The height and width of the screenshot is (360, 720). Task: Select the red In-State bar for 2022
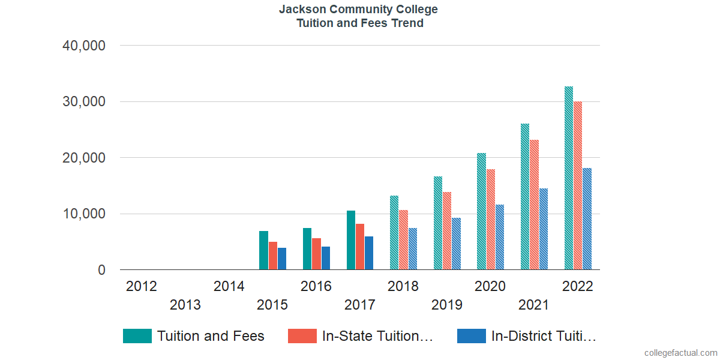(578, 186)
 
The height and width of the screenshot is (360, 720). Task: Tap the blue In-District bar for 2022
(587, 219)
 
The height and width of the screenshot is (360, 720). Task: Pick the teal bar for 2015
(263, 250)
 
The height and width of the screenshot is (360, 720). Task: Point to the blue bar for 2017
(369, 253)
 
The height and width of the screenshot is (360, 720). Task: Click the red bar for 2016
(316, 254)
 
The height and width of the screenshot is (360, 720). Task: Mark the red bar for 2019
(447, 231)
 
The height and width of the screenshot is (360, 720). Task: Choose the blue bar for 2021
(543, 229)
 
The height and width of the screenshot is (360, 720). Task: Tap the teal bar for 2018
(394, 233)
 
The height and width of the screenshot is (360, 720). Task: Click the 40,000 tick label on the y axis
(84, 46)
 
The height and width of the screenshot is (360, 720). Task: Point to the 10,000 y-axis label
(84, 214)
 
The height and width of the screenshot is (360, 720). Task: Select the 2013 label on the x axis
(185, 305)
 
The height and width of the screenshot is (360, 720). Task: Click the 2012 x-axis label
(142, 286)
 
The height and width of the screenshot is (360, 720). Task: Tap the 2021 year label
(533, 305)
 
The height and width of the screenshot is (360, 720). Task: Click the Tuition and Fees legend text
(211, 336)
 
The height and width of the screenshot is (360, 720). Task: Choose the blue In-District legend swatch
(472, 336)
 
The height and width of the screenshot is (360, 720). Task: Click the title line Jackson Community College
(359, 10)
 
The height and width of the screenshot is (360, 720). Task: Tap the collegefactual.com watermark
(680, 352)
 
